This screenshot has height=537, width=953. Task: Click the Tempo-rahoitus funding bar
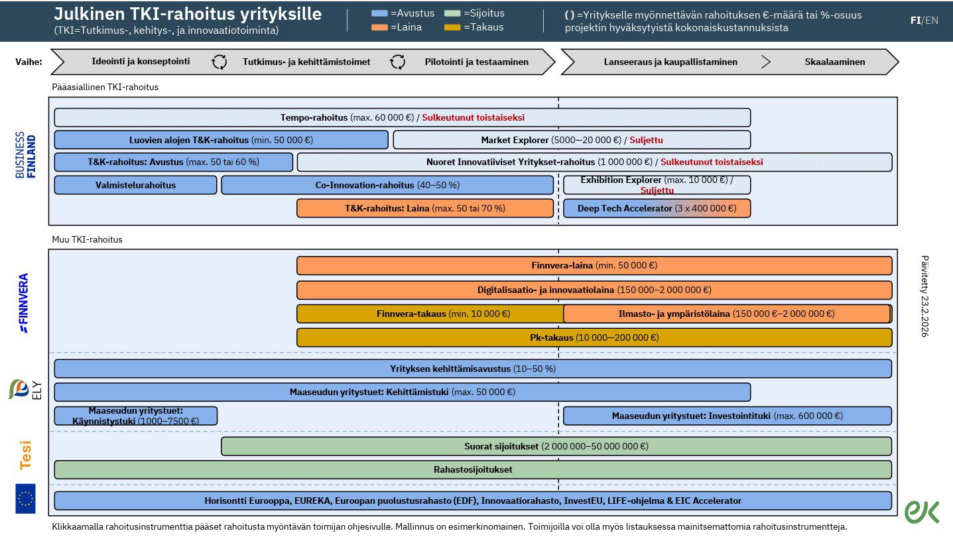(x=402, y=117)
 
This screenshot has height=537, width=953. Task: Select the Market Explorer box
(x=572, y=140)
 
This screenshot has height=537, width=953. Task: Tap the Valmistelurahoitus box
(x=135, y=185)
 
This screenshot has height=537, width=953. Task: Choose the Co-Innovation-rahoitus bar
(x=387, y=185)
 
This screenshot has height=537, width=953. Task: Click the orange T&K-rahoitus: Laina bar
(x=424, y=208)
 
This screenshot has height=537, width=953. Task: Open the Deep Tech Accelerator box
(x=657, y=208)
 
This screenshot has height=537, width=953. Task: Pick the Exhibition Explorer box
(x=657, y=185)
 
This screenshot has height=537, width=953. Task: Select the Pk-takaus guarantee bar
(x=594, y=337)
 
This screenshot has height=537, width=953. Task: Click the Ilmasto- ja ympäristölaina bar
(x=726, y=314)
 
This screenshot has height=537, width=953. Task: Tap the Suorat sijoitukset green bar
(x=556, y=446)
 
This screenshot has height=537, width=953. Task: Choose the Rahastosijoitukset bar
(x=472, y=469)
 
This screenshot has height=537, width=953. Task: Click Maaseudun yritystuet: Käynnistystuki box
(x=135, y=416)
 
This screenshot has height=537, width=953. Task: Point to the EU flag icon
(x=26, y=499)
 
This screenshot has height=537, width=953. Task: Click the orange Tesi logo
(x=26, y=455)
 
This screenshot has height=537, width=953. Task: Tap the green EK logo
(x=922, y=511)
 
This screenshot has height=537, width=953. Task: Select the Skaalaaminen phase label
(x=834, y=62)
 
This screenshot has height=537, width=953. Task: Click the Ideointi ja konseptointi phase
(x=141, y=62)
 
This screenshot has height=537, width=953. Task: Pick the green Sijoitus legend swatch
(x=452, y=13)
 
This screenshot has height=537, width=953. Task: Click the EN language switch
(x=932, y=20)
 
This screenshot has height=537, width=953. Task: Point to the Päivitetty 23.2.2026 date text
(x=925, y=296)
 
